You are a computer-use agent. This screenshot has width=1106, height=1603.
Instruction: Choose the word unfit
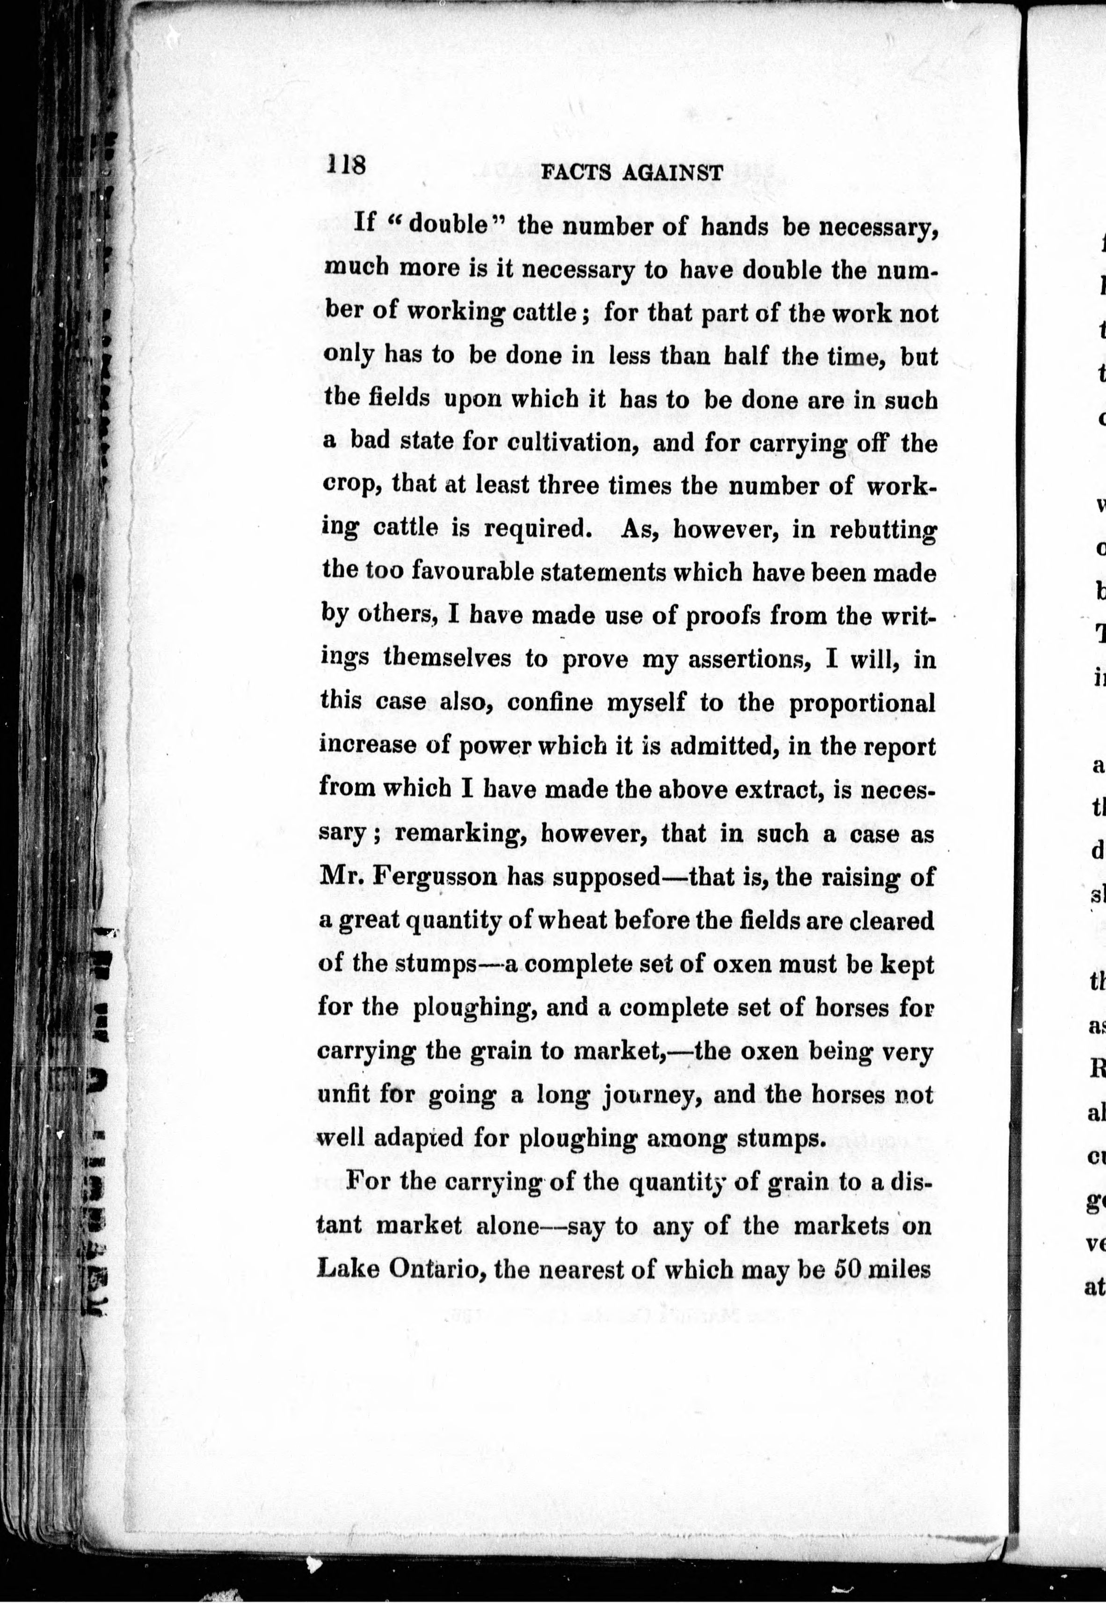click(x=342, y=1095)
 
